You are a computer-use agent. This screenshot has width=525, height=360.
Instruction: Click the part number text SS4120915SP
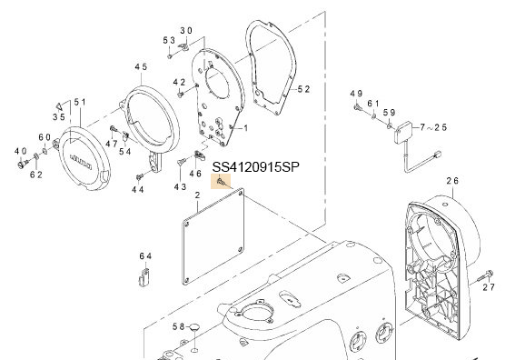click(256, 166)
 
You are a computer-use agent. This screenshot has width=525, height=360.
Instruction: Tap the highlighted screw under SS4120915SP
click(222, 182)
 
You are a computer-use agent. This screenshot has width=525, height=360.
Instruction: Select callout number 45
click(141, 66)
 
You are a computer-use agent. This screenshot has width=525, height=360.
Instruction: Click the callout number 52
click(303, 89)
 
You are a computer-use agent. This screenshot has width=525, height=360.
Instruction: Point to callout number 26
click(452, 181)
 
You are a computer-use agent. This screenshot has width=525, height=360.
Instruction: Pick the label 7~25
click(433, 127)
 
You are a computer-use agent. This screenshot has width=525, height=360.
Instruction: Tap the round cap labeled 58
click(194, 326)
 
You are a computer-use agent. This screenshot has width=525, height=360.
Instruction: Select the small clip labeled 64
click(144, 276)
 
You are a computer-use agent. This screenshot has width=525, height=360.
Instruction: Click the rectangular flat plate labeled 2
click(213, 236)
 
